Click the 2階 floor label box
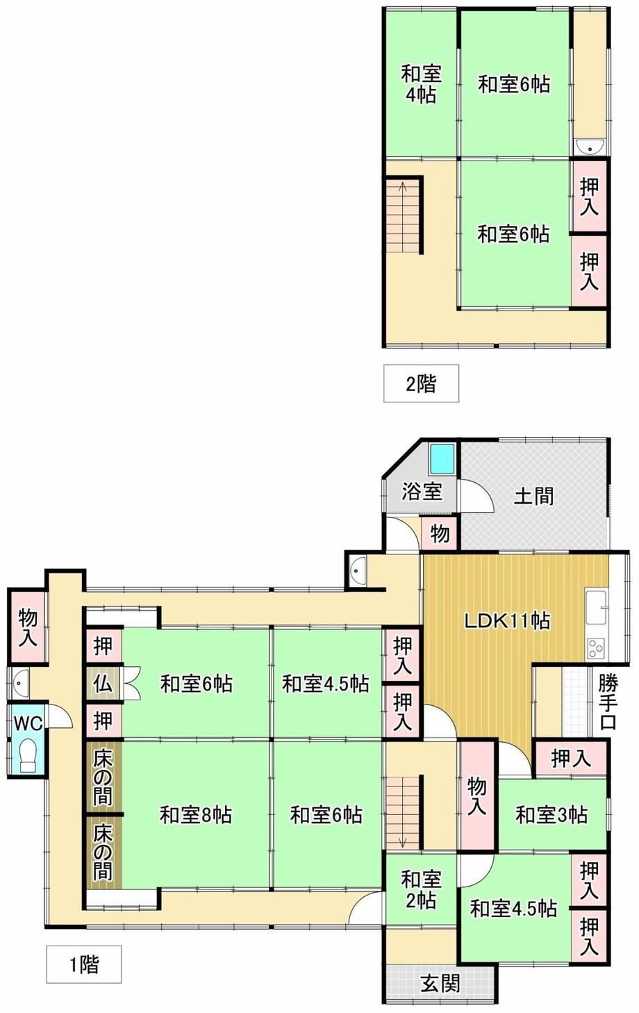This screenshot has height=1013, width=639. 421,383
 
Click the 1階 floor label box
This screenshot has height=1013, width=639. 83,964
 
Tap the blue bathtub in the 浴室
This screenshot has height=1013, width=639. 441,459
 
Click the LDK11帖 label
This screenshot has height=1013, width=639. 508,621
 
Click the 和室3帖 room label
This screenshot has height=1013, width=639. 551,814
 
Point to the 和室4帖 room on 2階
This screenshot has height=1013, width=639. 421,83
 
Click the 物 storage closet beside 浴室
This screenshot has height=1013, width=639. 440,534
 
